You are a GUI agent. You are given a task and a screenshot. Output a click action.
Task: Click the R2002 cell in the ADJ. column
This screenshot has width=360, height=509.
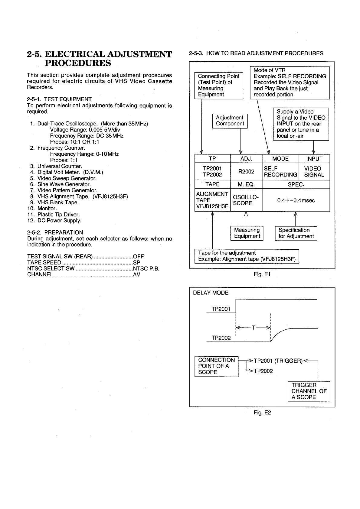click(246, 172)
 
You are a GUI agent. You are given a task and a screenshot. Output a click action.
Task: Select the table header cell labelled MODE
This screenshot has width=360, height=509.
click(280, 159)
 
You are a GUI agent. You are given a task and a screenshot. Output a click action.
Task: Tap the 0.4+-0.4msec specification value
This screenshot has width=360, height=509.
click(296, 200)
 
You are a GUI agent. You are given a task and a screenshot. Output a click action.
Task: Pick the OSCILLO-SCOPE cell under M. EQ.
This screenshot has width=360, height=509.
click(246, 200)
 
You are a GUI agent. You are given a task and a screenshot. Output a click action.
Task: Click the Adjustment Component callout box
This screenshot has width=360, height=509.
click(230, 121)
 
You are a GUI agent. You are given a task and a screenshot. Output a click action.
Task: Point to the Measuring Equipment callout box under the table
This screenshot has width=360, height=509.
click(247, 233)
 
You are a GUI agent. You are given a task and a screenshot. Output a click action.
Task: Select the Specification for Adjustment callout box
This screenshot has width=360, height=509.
click(296, 233)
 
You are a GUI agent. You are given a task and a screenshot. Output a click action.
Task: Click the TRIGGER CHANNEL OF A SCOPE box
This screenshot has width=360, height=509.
click(309, 391)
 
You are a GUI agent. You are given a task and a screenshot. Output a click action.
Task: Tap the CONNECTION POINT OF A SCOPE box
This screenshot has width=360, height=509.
click(216, 366)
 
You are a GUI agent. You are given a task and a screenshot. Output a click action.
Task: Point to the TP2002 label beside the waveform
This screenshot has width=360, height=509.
click(221, 338)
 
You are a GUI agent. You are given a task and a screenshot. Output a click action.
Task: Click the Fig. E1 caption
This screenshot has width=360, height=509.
click(262, 274)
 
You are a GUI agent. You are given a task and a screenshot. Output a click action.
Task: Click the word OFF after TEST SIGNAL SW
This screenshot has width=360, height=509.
click(139, 257)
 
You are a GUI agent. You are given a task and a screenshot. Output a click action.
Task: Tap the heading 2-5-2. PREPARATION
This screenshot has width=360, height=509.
click(55, 232)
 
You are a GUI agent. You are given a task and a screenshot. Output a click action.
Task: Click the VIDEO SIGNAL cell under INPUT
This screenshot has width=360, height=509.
click(314, 172)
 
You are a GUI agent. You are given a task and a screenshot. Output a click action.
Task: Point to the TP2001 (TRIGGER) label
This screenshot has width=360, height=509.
click(278, 361)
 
